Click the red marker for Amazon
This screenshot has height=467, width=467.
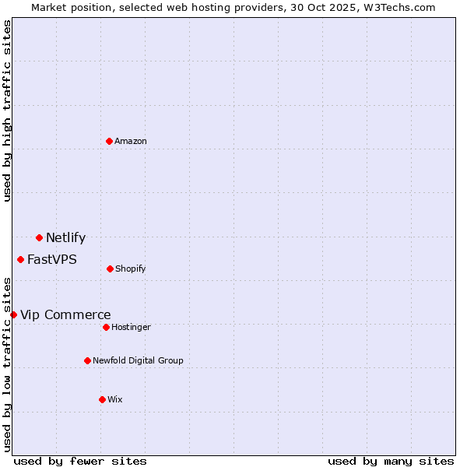coord(109,141)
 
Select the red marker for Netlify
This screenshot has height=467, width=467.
coord(39,237)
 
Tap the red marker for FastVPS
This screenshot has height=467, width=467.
coord(20,259)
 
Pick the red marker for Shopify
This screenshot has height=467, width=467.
coord(110,269)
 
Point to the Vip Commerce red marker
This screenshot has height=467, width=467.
coord(13,314)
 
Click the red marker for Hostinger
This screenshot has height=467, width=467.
coord(106,327)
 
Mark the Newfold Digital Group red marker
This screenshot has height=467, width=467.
coord(87,360)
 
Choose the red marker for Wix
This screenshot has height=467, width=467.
coord(102,399)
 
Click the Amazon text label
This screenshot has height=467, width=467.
coord(131,141)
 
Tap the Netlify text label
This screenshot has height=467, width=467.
coord(65,238)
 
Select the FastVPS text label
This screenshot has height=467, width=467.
coord(52,260)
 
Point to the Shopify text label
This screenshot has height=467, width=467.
coord(131,269)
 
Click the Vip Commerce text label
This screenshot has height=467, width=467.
coord(65,315)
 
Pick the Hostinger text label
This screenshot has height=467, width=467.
coord(131,327)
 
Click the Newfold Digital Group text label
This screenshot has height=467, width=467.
coord(138,360)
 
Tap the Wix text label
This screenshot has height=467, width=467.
coord(115,399)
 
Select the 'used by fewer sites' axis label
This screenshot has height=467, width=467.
coord(80,461)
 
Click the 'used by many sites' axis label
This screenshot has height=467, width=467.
coord(391,461)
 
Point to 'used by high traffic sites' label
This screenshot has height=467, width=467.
coord(7,111)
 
